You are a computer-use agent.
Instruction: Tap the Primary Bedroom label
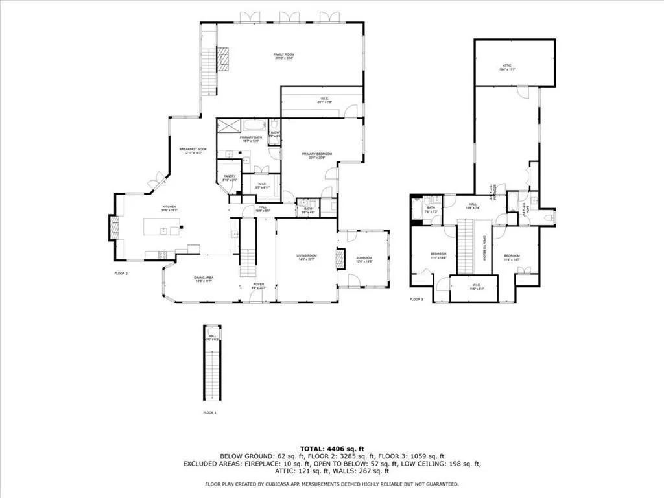pos(316,155)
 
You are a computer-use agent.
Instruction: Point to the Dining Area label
pos(204,279)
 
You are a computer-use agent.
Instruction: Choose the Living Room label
pos(305,258)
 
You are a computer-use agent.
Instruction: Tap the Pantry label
pos(230,178)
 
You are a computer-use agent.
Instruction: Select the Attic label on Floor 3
pos(508,67)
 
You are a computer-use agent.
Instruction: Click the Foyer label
pos(259,285)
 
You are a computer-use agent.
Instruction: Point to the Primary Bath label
pos(250,139)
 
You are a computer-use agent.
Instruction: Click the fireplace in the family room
pos(222,59)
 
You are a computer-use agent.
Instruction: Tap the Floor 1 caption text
pos(209,412)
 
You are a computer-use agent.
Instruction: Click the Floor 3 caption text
pos(416,300)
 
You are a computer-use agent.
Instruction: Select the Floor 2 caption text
pos(121,274)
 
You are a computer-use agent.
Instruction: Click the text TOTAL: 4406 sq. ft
pos(332,449)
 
